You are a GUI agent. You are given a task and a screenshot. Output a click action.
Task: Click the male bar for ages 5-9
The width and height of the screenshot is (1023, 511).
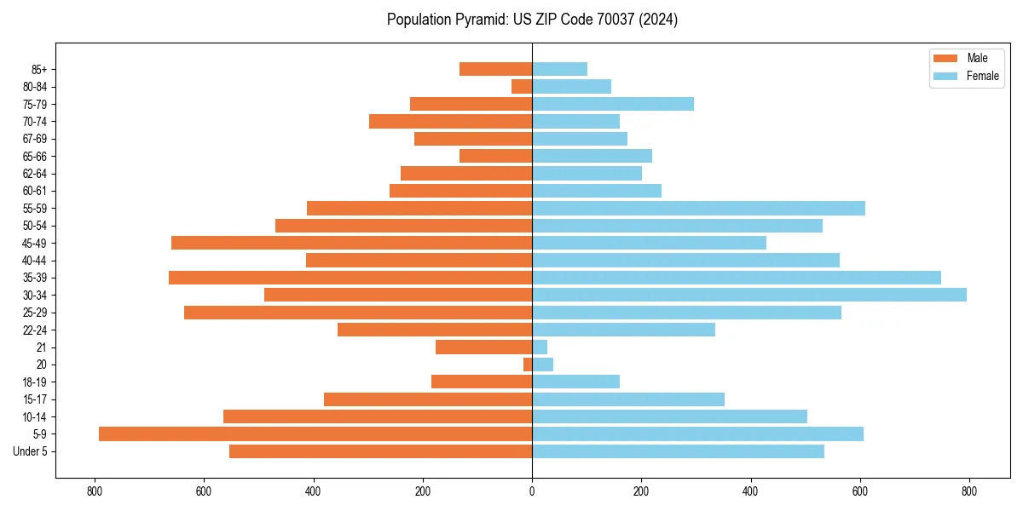point(315,434)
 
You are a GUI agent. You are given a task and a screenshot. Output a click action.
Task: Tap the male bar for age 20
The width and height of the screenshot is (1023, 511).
point(528,365)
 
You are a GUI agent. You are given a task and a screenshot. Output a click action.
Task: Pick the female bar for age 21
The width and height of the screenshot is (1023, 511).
point(540,347)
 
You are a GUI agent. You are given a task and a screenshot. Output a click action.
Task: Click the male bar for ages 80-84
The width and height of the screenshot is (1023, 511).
point(522,86)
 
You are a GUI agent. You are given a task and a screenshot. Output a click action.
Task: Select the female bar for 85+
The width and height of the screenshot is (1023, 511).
point(559,69)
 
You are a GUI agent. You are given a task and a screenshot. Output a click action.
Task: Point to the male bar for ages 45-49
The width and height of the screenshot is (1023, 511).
point(351,243)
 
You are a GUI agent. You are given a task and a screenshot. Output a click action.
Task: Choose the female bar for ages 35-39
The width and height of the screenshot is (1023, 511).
point(737,278)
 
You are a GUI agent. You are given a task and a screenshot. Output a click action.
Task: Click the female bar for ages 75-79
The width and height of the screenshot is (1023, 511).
point(613,104)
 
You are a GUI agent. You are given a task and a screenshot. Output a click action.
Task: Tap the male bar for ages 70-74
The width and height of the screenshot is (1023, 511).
point(450,121)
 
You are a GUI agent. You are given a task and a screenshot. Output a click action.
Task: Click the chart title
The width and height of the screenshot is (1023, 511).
point(532,20)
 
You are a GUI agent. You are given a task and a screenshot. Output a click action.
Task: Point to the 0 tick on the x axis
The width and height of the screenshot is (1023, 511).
point(532,491)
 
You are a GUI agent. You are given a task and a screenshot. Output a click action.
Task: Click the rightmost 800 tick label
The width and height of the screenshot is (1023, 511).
point(969,491)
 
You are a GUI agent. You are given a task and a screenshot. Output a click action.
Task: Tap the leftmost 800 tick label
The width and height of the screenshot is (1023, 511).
point(95,491)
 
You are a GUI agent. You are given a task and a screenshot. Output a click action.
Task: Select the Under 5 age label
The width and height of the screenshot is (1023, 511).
point(31,451)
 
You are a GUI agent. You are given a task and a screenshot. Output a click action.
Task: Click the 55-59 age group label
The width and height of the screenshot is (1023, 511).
point(36,208)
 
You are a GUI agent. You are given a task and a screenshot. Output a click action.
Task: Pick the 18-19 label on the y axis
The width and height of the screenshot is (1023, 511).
point(36,382)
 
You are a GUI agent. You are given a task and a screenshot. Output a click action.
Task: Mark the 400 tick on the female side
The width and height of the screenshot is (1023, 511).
point(750,491)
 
